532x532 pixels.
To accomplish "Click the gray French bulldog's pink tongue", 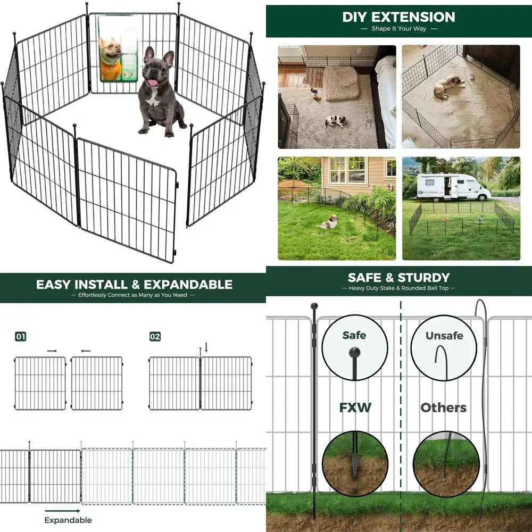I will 154,83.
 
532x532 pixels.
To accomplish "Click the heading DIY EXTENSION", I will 398,16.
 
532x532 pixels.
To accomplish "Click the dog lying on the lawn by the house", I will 328,222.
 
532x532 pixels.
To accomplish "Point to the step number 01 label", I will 21,336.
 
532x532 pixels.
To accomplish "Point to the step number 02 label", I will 155,336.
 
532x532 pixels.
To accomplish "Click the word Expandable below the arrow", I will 68,520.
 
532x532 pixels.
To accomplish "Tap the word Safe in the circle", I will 354,335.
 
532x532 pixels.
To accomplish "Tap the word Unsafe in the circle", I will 444,336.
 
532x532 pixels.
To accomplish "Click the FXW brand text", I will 355,408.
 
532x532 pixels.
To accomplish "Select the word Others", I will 443,408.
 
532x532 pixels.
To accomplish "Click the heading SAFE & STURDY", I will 398,277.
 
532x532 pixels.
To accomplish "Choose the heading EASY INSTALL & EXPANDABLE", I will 134,284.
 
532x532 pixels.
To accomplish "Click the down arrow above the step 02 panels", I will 206,347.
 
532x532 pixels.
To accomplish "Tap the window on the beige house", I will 344,170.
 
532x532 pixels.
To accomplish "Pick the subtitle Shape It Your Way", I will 398,29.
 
